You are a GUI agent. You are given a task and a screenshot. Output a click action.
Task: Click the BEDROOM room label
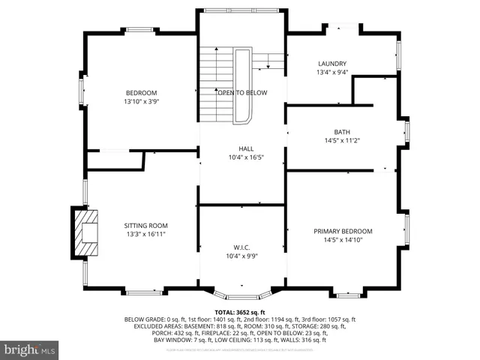coord(141,92)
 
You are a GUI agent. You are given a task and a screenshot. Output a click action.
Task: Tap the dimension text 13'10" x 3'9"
coord(141,101)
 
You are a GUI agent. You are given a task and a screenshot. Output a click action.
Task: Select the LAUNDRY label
coord(331,64)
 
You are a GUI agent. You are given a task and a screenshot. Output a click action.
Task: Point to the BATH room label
coord(342,131)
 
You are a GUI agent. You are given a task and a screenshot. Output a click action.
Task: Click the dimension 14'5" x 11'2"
coord(342,140)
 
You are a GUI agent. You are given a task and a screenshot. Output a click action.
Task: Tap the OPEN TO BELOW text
coord(241,92)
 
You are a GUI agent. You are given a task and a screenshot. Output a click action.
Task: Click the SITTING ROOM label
coord(145,225)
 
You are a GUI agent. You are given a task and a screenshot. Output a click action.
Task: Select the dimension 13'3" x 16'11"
coord(145,234)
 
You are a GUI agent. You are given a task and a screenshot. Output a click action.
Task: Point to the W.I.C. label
coord(241,247)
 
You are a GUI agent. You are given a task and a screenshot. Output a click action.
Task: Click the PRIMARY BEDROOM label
coord(343,231)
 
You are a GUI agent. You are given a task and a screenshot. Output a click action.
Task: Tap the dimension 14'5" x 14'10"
coord(343,240)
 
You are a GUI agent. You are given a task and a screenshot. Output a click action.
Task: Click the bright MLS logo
coord(30,349)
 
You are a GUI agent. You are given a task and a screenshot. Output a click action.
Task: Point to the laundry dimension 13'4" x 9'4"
coord(331,73)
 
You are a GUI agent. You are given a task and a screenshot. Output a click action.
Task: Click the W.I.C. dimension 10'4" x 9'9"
coord(241,256)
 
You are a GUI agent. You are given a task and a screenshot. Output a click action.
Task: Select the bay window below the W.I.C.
coord(241,293)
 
